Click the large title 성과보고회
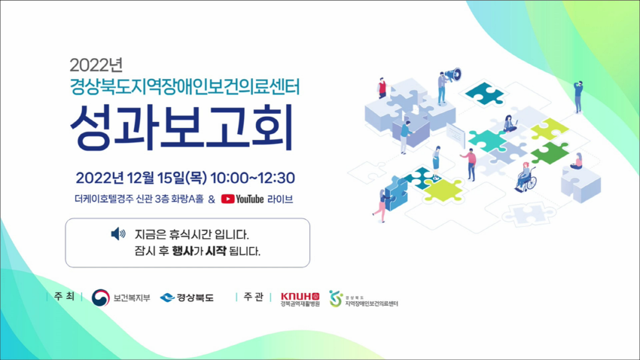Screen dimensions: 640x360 pyautogui.click(x=182, y=127)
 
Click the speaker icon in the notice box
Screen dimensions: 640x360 pyautogui.click(x=118, y=234)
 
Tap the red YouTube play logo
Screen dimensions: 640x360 pyautogui.click(x=227, y=199)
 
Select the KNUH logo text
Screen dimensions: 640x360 pyautogui.click(x=300, y=296)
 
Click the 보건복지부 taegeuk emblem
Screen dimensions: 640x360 pyautogui.click(x=100, y=297)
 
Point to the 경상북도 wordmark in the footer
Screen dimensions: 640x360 pyautogui.click(x=195, y=297)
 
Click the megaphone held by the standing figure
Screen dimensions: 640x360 pyautogui.click(x=453, y=75)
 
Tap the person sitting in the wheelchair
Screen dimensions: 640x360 pyautogui.click(x=526, y=177)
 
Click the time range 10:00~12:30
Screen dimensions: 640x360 pyautogui.click(x=252, y=178)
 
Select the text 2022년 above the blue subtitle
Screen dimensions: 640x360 pyautogui.click(x=96, y=65)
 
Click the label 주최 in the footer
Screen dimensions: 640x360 pyautogui.click(x=64, y=297)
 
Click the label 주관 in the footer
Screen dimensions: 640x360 pyautogui.click(x=254, y=297)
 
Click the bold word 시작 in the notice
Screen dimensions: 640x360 pyautogui.click(x=216, y=251)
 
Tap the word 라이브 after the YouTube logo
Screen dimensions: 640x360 pyautogui.click(x=280, y=199)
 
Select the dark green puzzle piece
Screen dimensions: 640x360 pyautogui.click(x=550, y=153)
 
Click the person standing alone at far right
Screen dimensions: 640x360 pyautogui.click(x=578, y=96)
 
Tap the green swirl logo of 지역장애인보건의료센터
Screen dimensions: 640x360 pyautogui.click(x=336, y=298)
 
